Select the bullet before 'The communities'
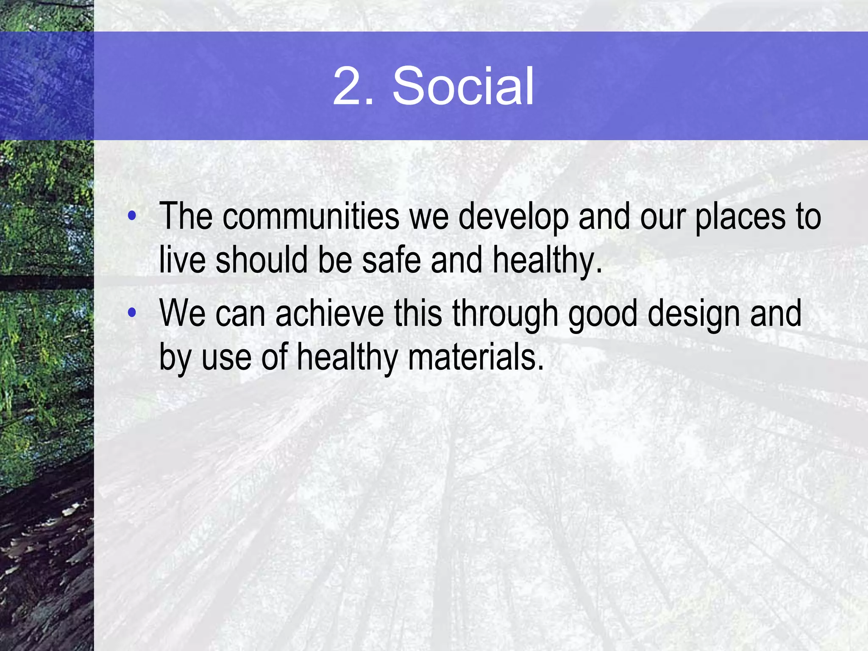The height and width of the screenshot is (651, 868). (x=132, y=216)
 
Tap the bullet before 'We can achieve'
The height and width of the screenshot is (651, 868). (x=132, y=313)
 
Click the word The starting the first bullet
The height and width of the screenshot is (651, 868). (x=186, y=217)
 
